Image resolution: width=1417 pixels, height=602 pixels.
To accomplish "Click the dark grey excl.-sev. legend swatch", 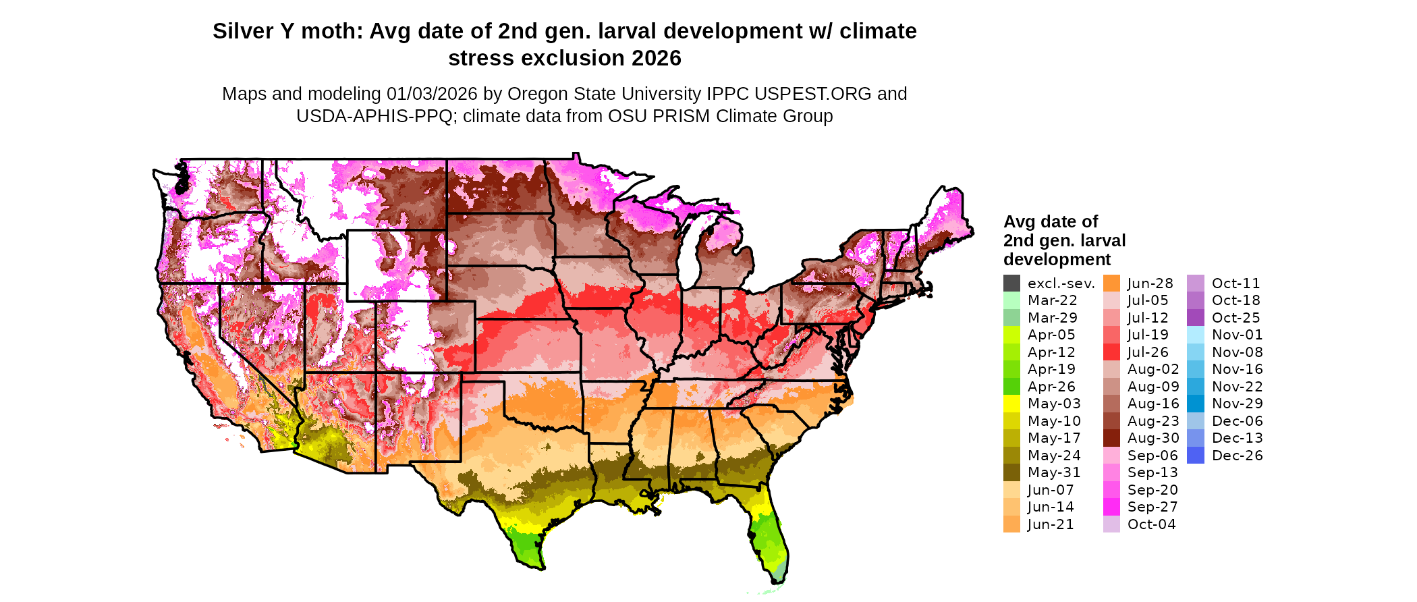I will [x=1011, y=283].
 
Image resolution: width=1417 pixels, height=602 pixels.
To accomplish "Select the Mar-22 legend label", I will [x=1052, y=300].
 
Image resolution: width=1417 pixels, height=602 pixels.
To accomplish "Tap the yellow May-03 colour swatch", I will [x=1011, y=404].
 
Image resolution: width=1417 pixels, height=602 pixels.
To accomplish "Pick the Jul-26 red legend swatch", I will [x=1111, y=352].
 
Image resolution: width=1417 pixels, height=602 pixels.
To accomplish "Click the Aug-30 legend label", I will [x=1153, y=438].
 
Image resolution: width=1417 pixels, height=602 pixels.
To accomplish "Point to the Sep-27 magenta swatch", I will [x=1111, y=507].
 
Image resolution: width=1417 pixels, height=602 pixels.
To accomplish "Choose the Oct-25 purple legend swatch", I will [x=1195, y=318].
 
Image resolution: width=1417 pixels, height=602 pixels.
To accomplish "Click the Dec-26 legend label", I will [x=1237, y=456].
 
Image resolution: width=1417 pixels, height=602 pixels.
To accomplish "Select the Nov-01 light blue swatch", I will [x=1195, y=335].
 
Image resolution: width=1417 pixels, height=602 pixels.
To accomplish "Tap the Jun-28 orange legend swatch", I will [x=1111, y=283].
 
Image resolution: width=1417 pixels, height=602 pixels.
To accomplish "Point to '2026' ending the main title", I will [x=656, y=59].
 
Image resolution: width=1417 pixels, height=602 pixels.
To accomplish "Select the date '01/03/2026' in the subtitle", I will [x=432, y=94].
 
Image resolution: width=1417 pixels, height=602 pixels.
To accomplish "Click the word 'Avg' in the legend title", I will [x=1018, y=222].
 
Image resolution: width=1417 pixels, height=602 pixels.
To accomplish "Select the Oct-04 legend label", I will [x=1151, y=524].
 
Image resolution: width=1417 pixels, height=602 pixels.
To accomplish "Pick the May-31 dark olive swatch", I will [x=1011, y=472].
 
